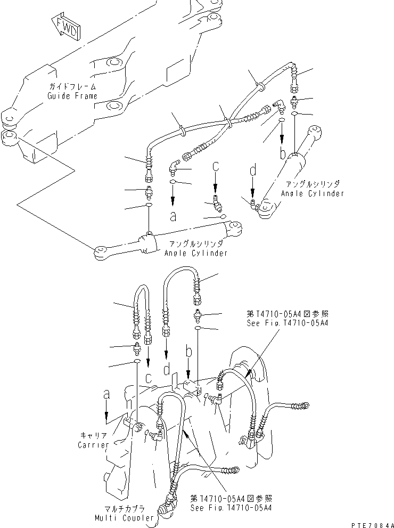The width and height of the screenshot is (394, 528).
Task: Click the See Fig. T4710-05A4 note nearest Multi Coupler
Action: click(x=231, y=503)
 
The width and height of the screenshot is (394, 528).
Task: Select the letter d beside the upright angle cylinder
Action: click(x=253, y=172)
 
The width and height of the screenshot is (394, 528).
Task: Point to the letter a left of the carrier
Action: click(x=107, y=394)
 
